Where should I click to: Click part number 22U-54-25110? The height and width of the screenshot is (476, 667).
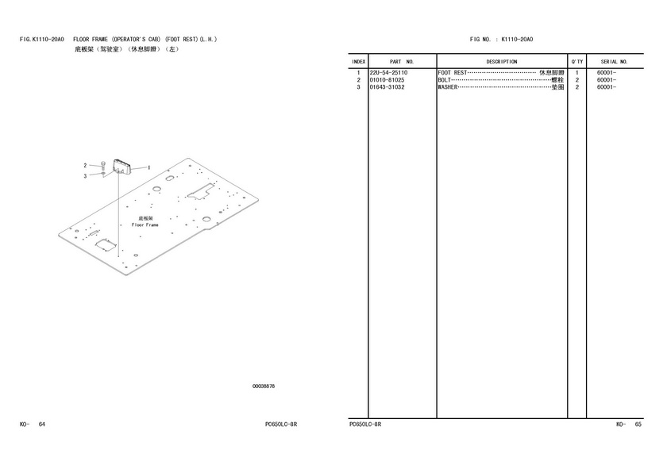pos(388,73)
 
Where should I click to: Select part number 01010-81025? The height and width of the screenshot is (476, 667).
pos(387,80)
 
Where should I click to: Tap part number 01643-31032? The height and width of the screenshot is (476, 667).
pos(387,87)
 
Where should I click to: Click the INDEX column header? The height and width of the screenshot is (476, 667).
pos(359,62)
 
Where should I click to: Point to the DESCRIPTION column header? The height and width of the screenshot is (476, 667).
pos(502,62)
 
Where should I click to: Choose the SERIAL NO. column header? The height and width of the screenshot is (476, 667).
pos(615,62)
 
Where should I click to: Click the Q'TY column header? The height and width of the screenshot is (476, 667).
pos(577,62)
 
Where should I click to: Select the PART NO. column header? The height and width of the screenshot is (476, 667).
pos(402,62)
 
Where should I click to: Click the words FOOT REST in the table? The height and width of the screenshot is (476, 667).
pos(452,73)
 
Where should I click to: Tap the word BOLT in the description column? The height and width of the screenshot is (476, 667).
pos(444,80)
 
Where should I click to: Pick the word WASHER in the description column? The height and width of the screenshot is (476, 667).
pos(448,87)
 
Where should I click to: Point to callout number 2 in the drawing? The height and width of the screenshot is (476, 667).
pos(85,165)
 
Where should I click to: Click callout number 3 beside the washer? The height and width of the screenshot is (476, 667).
pos(85,176)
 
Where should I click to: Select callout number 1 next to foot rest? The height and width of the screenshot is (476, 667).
pos(149,168)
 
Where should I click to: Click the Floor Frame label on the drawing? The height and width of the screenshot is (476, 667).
pos(145,225)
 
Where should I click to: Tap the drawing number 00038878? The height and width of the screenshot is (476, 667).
pos(264,386)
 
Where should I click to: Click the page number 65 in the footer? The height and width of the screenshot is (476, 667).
pos(638,424)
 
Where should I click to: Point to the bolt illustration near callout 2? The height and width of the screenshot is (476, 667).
pos(103,166)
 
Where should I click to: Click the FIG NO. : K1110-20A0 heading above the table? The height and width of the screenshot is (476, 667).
pos(502,40)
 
